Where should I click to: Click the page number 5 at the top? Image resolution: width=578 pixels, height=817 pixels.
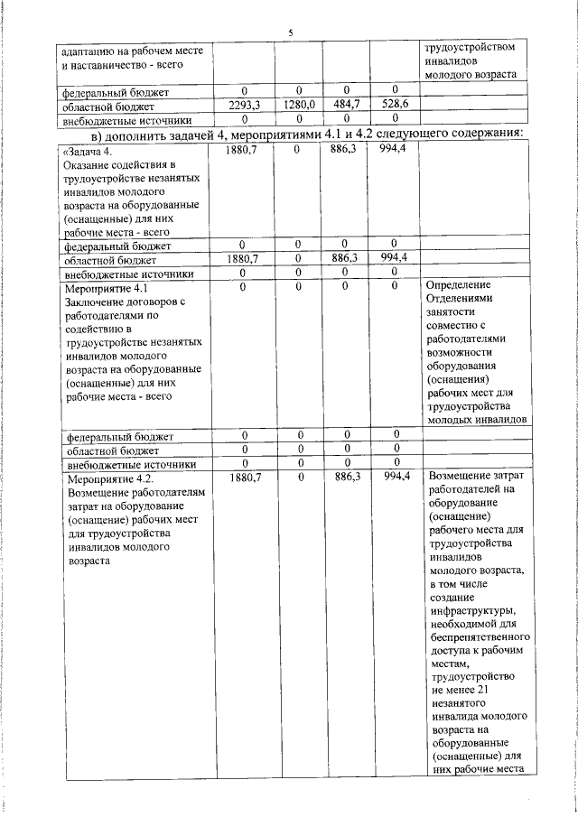(x=290, y=32)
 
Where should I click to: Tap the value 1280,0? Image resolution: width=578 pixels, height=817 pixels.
(x=298, y=105)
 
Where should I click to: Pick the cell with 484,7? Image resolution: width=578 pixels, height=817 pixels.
(x=347, y=105)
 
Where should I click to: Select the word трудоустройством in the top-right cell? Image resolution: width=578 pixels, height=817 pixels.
(x=471, y=47)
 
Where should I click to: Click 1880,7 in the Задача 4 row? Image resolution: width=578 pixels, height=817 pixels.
(x=245, y=150)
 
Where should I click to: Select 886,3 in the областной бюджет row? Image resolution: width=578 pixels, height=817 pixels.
(x=347, y=257)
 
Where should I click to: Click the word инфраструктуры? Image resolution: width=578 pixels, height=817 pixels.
(x=475, y=611)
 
